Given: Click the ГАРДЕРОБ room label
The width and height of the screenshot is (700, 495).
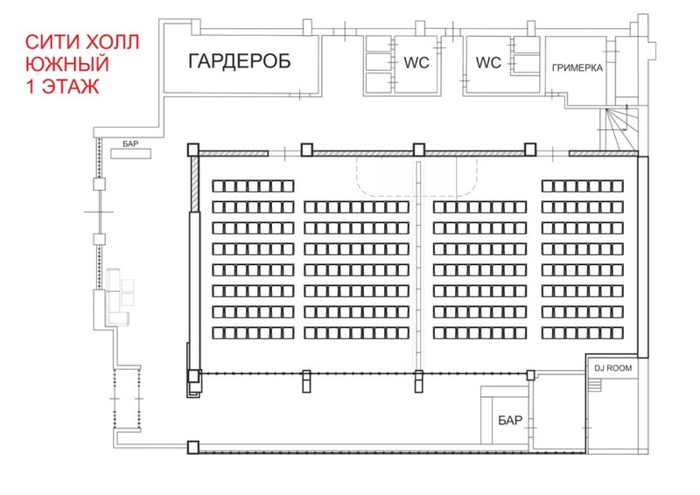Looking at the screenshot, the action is (x=239, y=60).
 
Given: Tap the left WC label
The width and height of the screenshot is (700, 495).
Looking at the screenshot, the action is (x=416, y=62).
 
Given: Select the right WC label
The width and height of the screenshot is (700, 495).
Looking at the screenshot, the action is (x=488, y=62).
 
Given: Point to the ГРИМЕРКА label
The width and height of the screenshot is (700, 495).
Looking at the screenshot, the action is (x=577, y=68).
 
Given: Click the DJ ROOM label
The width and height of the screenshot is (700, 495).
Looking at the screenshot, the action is (x=613, y=368).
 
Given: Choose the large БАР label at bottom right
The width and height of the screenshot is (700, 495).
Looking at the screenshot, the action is (x=510, y=420).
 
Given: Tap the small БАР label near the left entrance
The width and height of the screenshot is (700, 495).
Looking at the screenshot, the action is (x=130, y=143).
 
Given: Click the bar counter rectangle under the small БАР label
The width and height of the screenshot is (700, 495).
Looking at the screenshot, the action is (x=130, y=154).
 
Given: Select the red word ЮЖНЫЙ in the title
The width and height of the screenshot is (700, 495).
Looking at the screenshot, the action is (x=67, y=64).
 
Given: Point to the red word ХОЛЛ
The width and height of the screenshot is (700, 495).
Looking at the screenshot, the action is (x=112, y=42).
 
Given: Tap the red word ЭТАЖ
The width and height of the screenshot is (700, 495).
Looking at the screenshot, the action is (x=71, y=87).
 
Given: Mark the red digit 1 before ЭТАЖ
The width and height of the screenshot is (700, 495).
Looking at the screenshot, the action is (x=31, y=87).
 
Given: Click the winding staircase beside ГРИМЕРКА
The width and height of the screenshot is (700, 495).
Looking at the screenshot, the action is (x=620, y=129).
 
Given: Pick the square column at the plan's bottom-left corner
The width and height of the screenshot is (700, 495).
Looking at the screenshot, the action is (x=192, y=447).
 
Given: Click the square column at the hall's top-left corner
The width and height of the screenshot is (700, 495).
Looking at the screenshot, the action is (x=192, y=150).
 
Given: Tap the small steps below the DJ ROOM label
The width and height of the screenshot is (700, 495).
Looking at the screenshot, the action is (x=595, y=384).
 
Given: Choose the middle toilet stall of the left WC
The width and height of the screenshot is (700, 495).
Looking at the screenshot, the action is (x=379, y=62).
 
